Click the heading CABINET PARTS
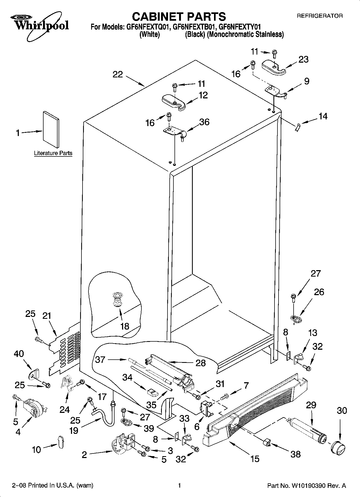pos(179,17)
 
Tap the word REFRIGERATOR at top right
pos(319,16)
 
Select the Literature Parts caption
pos(53,153)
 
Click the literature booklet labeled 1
pos(51,130)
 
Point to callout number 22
pos(118,74)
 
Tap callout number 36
pos(204,122)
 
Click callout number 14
pos(323,116)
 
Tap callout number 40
pos(19,354)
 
